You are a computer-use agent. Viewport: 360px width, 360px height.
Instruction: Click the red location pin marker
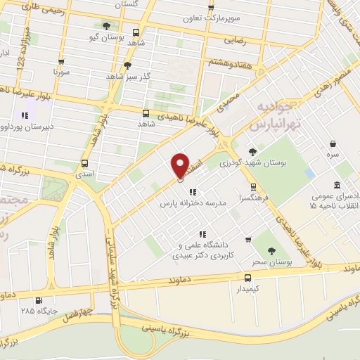tap(180, 165)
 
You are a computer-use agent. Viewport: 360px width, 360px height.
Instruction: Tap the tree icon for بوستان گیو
tap(106, 26)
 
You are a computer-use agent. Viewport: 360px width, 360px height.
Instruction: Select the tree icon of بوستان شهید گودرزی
tap(252, 150)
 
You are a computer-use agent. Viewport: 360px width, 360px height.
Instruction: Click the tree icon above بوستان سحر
tap(271, 250)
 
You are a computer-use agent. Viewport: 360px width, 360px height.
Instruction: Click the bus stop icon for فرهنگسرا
tap(252, 187)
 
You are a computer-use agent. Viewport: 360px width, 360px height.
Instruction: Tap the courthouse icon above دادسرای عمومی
tap(337, 184)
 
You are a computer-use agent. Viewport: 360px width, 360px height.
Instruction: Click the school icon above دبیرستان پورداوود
tap(25, 115)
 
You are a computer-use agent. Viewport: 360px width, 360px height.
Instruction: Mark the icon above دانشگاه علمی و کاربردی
tap(202, 234)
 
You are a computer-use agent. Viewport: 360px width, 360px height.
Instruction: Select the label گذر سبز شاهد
tap(129, 75)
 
